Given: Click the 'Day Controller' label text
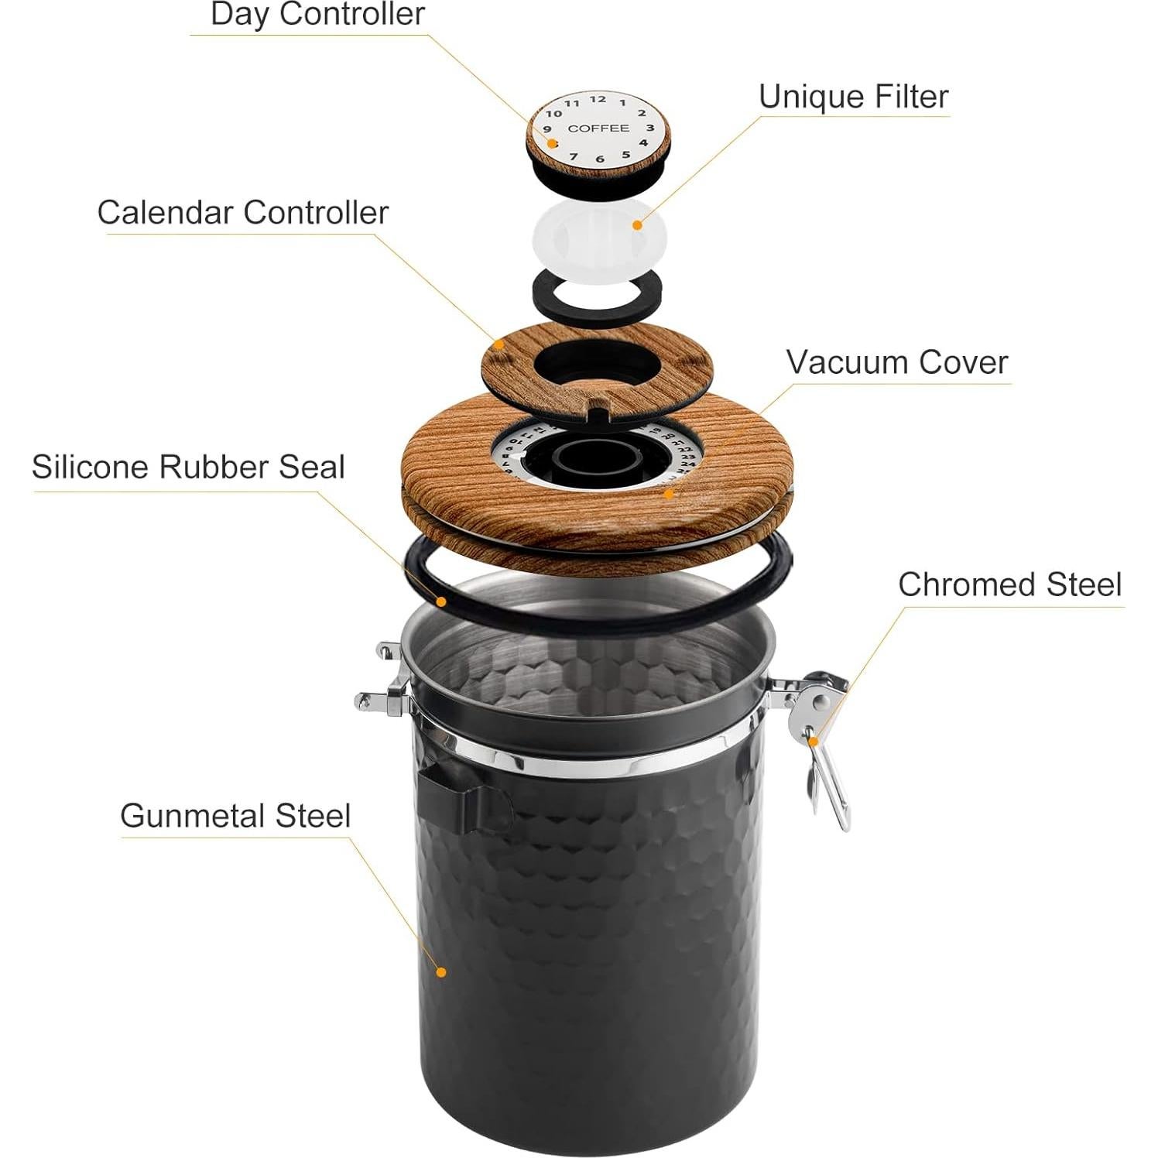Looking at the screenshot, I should point(317,15).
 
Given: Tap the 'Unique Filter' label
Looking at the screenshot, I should point(853,98).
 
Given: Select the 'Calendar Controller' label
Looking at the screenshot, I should point(242,213).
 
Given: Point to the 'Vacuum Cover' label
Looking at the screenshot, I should point(897,363).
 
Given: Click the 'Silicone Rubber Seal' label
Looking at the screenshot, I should point(188,468).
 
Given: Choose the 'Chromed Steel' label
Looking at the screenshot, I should point(1009,585).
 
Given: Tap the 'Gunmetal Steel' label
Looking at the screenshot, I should point(235,816).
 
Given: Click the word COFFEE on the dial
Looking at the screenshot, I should point(598,128).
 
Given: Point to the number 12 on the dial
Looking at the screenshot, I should point(598,99).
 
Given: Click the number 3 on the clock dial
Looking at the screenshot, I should point(650,128).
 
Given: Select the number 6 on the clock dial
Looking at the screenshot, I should point(599,159).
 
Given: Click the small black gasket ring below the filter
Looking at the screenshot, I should point(597,293).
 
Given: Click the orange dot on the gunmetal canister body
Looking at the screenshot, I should point(441,971).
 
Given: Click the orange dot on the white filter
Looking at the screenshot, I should point(637,225).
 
